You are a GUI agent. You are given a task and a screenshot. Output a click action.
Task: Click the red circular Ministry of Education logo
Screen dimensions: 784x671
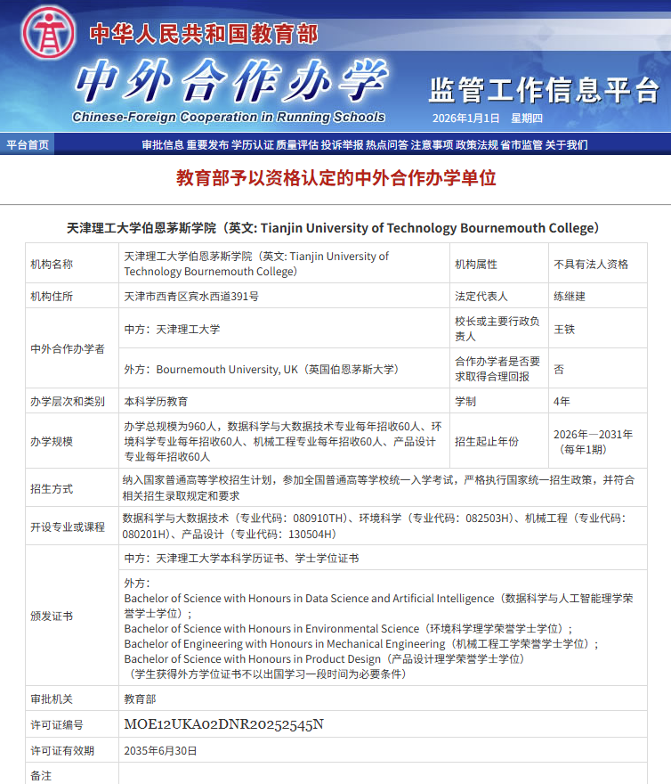tap(50, 33)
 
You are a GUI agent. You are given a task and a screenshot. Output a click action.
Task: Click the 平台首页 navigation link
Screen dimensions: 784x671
tap(28, 144)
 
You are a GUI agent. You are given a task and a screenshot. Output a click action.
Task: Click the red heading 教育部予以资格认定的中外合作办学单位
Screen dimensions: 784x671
tap(335, 177)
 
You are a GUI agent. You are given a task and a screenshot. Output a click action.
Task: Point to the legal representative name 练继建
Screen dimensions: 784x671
tap(570, 297)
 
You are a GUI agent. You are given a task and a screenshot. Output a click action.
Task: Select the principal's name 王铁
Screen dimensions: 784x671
tap(564, 330)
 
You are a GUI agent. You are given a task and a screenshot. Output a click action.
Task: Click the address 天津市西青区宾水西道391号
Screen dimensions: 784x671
tap(191, 297)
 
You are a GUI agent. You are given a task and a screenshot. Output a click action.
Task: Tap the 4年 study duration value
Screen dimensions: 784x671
tap(562, 402)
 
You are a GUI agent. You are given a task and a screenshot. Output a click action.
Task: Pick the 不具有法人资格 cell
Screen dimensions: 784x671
tap(591, 265)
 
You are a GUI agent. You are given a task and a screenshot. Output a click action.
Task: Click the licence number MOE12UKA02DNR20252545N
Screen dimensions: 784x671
tap(224, 724)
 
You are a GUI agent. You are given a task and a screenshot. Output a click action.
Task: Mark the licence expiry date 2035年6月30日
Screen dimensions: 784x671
tap(161, 751)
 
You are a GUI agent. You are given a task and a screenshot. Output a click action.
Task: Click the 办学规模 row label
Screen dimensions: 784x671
tap(52, 442)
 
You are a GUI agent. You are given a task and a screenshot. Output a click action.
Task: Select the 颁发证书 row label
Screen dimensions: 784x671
tap(52, 617)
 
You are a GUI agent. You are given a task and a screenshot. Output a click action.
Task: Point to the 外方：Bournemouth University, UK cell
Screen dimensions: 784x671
tap(261, 369)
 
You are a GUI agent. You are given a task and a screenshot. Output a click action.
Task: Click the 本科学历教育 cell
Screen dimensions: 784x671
tap(156, 402)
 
